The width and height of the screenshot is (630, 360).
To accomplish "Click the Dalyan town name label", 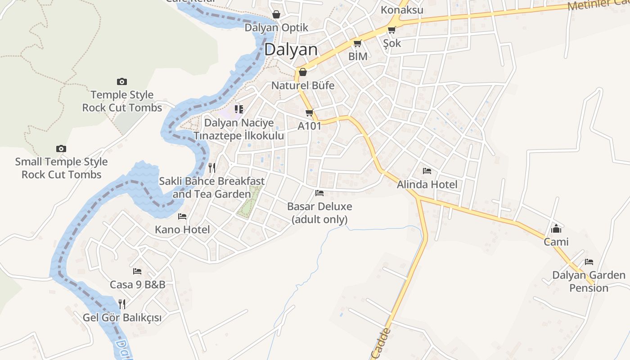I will point(291,49).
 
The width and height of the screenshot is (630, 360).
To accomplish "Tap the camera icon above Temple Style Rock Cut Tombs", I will point(121,81).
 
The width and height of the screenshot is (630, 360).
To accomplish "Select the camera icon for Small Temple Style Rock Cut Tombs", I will point(61,148).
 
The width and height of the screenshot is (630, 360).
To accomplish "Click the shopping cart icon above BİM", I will point(358,43).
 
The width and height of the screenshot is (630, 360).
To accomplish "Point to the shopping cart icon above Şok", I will point(391,30).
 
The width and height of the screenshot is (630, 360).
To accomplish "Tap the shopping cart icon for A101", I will point(309,112).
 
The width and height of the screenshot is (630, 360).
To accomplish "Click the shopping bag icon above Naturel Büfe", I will point(303,72).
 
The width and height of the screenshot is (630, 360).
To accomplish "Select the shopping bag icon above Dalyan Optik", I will point(276,14).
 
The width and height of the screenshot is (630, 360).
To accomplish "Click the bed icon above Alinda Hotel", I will point(427,171).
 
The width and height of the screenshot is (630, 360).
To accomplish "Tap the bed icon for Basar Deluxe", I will point(319,193).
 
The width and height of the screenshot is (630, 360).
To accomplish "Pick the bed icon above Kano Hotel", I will point(182,216).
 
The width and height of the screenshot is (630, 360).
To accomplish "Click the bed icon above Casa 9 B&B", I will point(137,271).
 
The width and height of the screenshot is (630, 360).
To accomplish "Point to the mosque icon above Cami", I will point(556,229).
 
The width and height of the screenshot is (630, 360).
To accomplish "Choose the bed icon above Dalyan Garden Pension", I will point(589,261).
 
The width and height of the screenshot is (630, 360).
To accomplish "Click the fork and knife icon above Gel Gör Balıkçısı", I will point(121,304).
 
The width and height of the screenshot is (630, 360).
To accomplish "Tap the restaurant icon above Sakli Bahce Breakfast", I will point(212,168).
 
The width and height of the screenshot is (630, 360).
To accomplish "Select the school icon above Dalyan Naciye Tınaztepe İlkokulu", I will point(239,109).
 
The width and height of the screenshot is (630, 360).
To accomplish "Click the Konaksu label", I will point(402,10).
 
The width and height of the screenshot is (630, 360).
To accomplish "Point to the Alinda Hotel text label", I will point(427,184).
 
